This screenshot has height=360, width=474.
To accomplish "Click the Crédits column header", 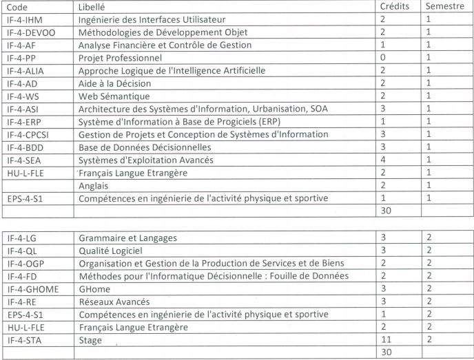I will point(395,6).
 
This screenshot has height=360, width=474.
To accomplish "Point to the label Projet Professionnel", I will point(121,58).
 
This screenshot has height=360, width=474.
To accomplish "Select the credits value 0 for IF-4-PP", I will point(383,58).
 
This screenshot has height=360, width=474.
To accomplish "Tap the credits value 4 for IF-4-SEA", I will point(383,160).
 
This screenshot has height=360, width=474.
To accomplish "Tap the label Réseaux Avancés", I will point(116,301).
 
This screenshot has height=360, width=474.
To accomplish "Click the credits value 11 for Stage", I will point(386,340).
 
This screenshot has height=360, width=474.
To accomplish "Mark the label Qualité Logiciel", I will point(114,251).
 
